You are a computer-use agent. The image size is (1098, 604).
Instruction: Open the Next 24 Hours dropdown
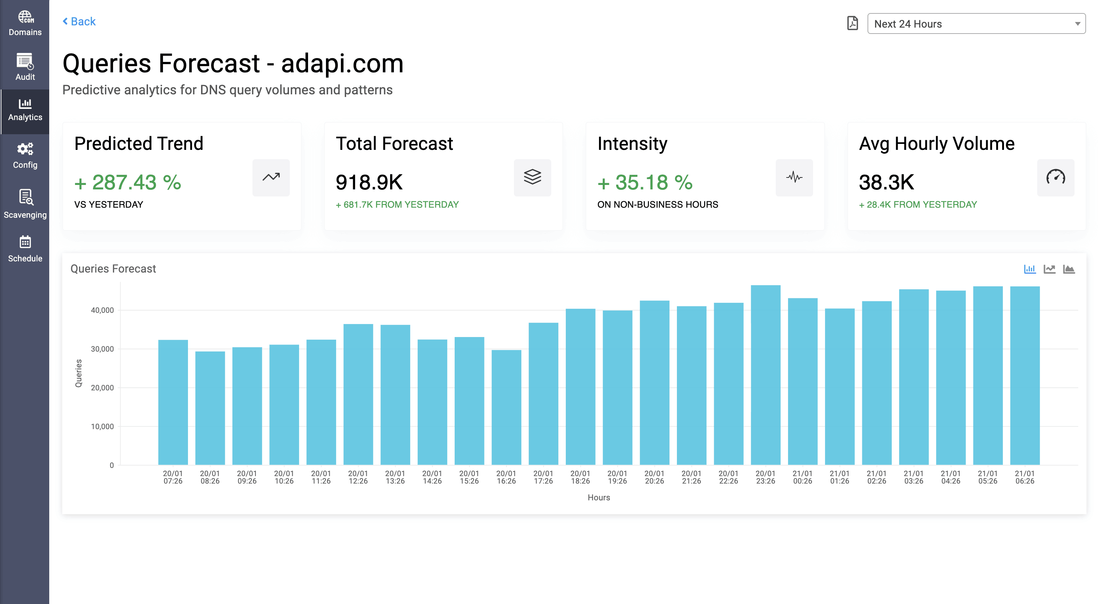click(976, 24)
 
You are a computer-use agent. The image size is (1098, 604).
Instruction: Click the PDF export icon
click(853, 23)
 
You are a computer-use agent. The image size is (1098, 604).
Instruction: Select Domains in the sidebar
click(25, 23)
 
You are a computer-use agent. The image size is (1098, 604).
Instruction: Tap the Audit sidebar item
click(25, 67)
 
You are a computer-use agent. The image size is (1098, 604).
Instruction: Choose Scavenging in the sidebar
click(25, 204)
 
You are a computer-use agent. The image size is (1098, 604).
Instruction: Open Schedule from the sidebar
click(25, 249)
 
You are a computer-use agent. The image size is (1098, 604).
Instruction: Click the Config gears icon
click(25, 149)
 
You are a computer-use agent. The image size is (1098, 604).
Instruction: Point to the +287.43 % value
click(128, 182)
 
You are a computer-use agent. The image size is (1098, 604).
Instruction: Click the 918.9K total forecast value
click(369, 182)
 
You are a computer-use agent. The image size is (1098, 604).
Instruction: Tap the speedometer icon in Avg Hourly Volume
click(1055, 177)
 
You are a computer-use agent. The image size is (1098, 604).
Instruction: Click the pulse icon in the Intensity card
click(794, 177)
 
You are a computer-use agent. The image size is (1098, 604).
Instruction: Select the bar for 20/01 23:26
click(766, 375)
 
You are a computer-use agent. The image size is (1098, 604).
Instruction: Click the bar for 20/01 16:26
click(506, 407)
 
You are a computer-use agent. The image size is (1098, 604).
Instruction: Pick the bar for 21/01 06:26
click(1025, 375)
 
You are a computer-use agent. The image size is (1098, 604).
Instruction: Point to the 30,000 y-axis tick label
click(102, 349)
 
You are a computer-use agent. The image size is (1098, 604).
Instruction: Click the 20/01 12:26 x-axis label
click(358, 477)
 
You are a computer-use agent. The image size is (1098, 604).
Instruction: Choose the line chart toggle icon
click(1050, 269)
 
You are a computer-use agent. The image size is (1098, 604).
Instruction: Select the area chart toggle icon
click(1069, 269)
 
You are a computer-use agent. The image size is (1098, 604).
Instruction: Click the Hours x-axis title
click(599, 497)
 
